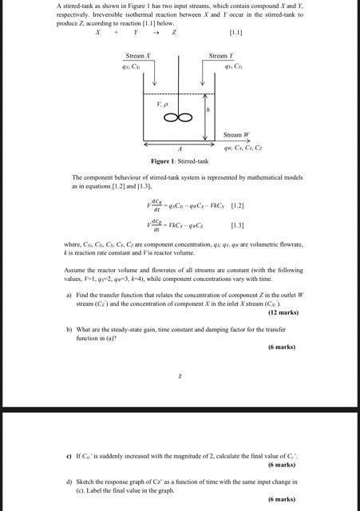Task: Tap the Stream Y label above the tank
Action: pos(220,56)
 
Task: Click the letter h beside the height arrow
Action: pos(208,111)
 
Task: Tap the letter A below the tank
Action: pos(180,149)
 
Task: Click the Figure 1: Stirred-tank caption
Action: pos(180,161)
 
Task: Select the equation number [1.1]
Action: pos(235,34)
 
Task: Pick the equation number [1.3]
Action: pos(239,226)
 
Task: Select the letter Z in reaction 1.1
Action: pos(173,34)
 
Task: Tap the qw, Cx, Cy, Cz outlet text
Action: pos(243,148)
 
